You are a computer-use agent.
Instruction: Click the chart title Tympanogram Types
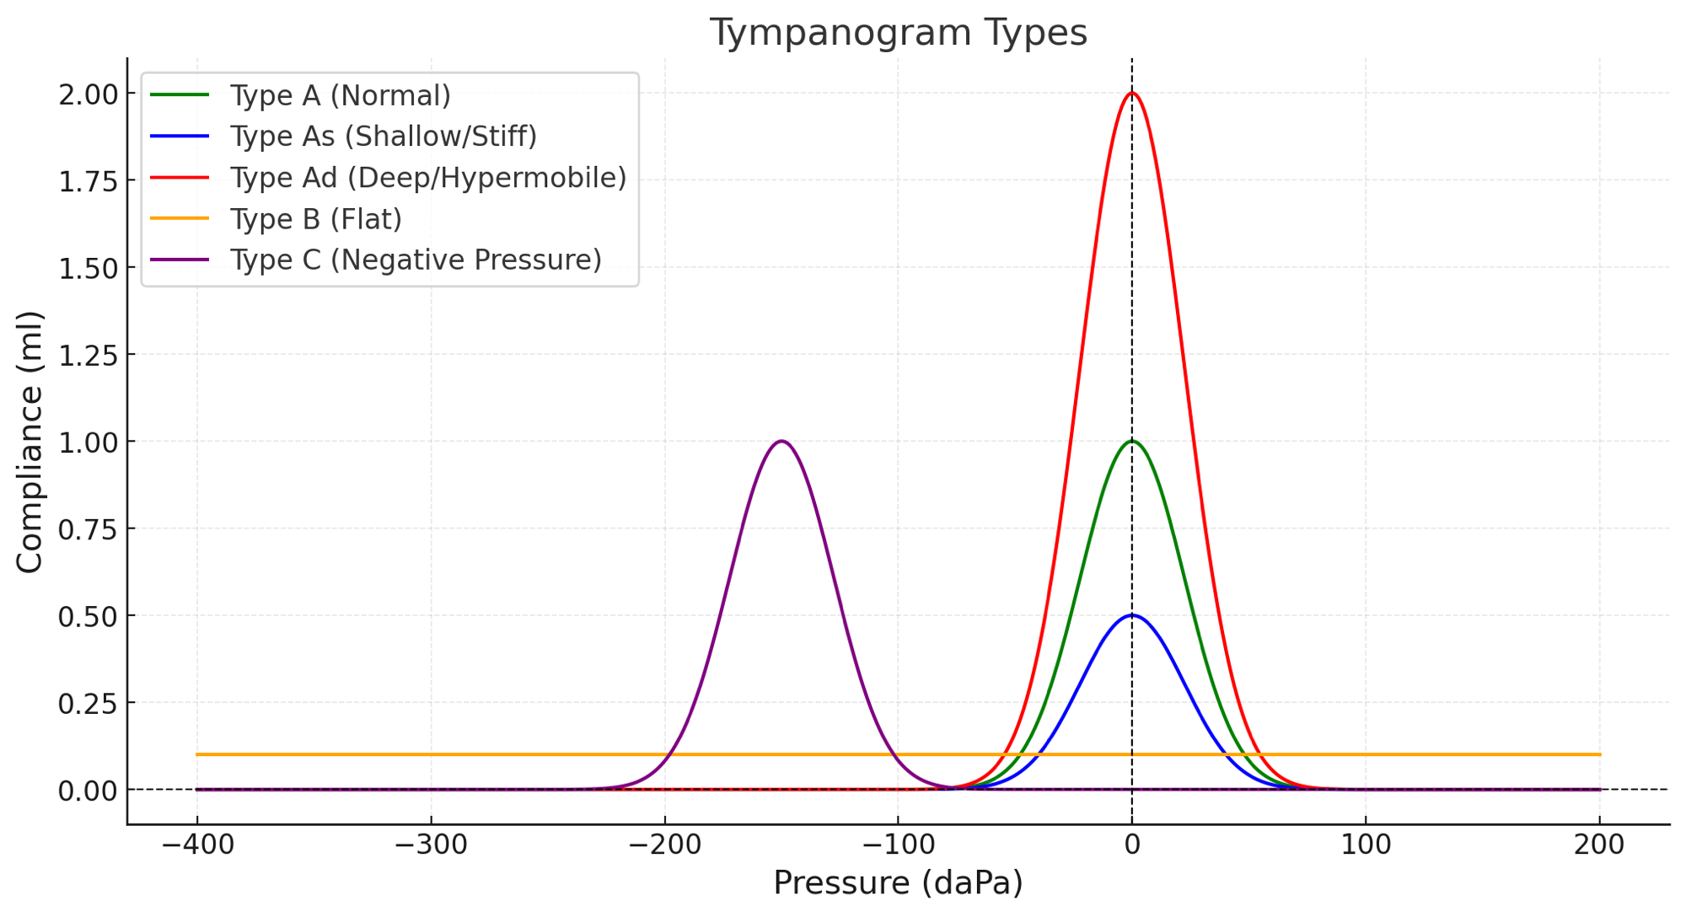898,33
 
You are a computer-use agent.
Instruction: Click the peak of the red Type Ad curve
1131,94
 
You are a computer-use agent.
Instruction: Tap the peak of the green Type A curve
1131,442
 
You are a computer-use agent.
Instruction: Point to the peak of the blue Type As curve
1131,615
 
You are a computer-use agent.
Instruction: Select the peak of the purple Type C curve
781,442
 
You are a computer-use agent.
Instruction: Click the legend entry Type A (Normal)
341,96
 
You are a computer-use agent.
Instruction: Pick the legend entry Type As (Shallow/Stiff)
384,137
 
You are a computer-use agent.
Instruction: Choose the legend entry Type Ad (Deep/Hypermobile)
428,178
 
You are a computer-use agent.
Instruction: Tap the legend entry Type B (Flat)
316,219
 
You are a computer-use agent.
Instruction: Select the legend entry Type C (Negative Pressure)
416,260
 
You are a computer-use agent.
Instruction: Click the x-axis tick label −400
197,845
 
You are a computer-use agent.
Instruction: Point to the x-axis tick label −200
664,845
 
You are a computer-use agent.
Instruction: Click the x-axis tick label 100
1366,845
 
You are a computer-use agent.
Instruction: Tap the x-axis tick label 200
1599,845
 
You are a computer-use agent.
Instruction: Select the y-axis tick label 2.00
88,94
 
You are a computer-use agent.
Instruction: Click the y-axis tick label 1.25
88,356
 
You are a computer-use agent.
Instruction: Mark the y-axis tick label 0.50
88,617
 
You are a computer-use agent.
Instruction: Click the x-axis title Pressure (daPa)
898,883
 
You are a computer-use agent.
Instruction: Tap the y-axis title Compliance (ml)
30,442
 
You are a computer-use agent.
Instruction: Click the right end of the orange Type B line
1598,754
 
